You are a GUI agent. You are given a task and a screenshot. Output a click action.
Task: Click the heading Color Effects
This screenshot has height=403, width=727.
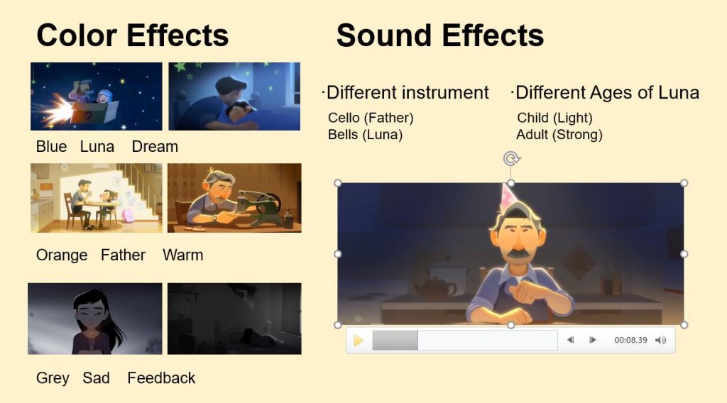(133, 35)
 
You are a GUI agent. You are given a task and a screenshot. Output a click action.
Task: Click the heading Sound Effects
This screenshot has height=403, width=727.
(440, 35)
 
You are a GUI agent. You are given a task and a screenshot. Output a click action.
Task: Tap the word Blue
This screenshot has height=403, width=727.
(51, 146)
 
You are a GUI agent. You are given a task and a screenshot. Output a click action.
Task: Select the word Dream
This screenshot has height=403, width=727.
(155, 146)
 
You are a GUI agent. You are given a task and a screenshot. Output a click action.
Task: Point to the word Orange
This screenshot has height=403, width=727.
(62, 255)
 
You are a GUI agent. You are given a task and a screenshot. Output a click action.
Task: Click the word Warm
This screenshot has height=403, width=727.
(182, 255)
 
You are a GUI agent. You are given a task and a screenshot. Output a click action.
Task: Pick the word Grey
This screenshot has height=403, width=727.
(53, 378)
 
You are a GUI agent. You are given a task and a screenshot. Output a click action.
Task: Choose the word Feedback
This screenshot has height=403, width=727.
(161, 378)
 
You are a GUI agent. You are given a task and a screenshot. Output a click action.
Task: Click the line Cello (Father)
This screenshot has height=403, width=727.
(371, 118)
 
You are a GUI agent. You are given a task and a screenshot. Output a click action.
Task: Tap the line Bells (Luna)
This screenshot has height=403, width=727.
(366, 134)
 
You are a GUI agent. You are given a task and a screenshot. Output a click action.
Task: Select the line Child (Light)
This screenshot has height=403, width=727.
(554, 118)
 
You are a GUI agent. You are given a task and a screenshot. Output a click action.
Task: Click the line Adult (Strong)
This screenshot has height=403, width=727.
(559, 134)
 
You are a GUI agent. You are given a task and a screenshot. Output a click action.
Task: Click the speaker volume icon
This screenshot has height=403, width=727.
(661, 341)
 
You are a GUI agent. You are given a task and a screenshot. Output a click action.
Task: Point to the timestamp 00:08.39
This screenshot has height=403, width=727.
(630, 340)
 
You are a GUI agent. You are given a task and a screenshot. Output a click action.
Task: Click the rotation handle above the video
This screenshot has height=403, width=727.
(511, 159)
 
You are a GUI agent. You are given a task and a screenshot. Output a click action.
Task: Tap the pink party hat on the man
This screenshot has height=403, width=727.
(509, 197)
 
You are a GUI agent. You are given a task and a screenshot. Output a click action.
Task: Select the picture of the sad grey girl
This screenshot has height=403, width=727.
(95, 319)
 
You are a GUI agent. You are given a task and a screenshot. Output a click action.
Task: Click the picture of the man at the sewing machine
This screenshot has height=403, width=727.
(234, 198)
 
